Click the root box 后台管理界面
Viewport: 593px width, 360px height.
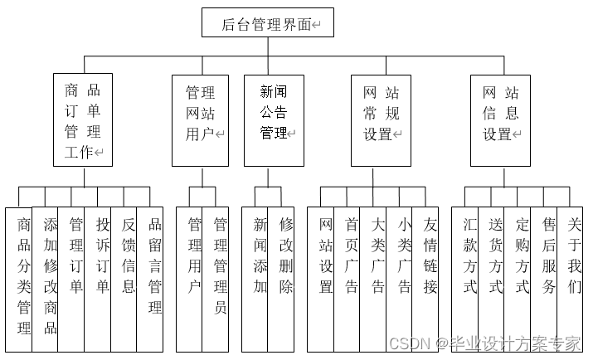coord(267,23)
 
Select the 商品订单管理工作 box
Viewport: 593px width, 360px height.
coord(83,121)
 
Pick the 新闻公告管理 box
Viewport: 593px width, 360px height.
coord(273,121)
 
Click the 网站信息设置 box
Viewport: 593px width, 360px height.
coord(501,121)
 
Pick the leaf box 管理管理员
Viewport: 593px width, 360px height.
coord(221,274)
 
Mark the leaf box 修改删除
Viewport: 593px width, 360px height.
coord(284,274)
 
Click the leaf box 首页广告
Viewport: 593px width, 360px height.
coord(351,274)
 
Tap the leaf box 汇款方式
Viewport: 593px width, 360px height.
coord(469,274)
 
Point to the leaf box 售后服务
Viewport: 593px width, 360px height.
coord(548,274)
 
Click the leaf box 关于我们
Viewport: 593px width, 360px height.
coord(574,274)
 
